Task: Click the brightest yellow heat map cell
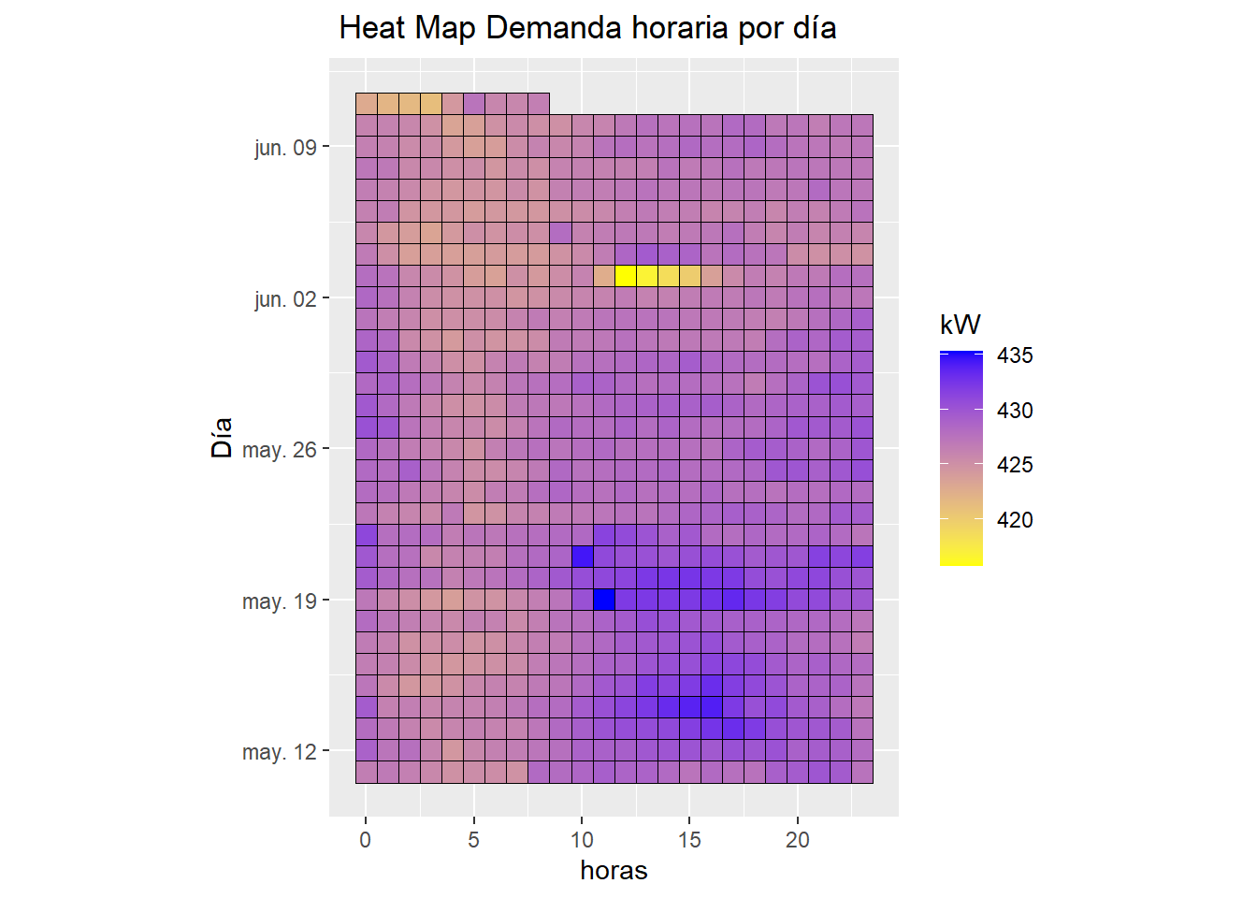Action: pyautogui.click(x=625, y=276)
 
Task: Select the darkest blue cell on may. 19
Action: pyautogui.click(x=603, y=599)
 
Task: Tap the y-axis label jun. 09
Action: pyautogui.click(x=285, y=148)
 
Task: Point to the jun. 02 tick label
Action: pyautogui.click(x=285, y=299)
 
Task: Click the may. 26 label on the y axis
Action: pyautogui.click(x=279, y=450)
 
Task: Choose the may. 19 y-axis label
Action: pyautogui.click(x=279, y=601)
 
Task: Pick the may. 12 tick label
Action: pyautogui.click(x=279, y=752)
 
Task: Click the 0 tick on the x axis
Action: pyautogui.click(x=366, y=840)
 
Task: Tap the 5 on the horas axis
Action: pyautogui.click(x=473, y=840)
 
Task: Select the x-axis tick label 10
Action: pyautogui.click(x=582, y=840)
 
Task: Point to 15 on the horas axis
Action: pyautogui.click(x=689, y=840)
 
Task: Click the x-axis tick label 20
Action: pyautogui.click(x=798, y=840)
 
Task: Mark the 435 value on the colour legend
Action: pyautogui.click(x=1015, y=355)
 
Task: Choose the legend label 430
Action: pyautogui.click(x=1015, y=411)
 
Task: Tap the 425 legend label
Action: pyautogui.click(x=1015, y=465)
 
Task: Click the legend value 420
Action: pyautogui.click(x=1015, y=520)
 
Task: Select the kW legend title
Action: pyautogui.click(x=961, y=325)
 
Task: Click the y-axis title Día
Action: pyautogui.click(x=222, y=438)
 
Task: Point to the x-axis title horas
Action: pyautogui.click(x=614, y=871)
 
